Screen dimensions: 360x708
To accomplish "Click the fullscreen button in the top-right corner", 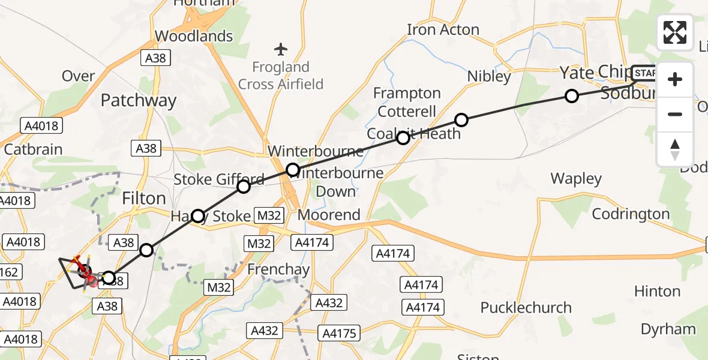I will click(x=675, y=32).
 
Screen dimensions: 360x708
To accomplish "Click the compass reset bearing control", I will click(x=675, y=149).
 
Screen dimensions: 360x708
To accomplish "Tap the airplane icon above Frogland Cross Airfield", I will click(x=281, y=48).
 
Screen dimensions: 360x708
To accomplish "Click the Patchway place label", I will click(x=139, y=100).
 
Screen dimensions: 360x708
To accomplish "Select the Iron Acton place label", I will click(x=443, y=29).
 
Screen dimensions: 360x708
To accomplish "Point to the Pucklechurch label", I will click(x=526, y=308).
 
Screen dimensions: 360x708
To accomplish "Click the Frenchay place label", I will click(x=278, y=270).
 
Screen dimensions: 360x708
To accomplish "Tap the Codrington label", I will click(x=631, y=214).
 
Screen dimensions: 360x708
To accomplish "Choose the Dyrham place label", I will click(x=668, y=329).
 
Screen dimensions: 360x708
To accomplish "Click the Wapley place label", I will click(x=576, y=179).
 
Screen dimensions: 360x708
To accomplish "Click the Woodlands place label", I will click(x=194, y=36).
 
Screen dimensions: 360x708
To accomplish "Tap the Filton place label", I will click(x=143, y=198).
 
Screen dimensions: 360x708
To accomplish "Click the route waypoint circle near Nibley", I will click(x=461, y=120).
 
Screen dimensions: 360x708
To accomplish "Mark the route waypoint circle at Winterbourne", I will click(x=292, y=170).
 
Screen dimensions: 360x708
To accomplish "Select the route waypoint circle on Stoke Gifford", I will click(x=244, y=187).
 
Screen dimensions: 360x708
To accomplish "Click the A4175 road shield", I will click(x=339, y=333).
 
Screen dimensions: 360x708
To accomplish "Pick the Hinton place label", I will click(x=657, y=292).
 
